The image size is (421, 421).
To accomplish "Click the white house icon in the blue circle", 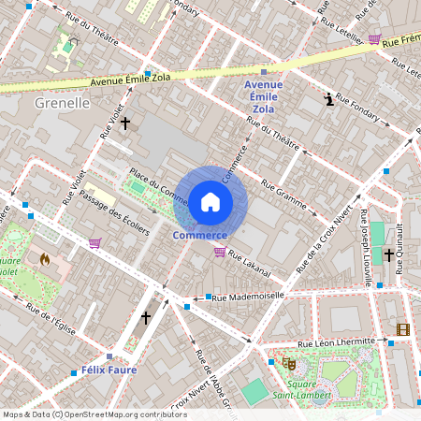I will point(210,201).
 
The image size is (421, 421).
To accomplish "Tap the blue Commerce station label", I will point(200,235).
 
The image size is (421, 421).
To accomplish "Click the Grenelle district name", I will point(62,103).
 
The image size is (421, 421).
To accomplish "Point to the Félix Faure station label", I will point(109,370).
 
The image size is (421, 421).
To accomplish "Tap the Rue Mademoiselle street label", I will point(248,297).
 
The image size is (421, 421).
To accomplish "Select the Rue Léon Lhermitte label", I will point(336,342).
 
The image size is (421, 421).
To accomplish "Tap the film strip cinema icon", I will point(402,328).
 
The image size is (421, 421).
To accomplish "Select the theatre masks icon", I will point(289,361).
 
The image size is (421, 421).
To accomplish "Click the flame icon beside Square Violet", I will point(43,258).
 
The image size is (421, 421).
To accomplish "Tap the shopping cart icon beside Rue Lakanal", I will point(219,251).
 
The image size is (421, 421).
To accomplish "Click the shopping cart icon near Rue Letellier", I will point(374,39).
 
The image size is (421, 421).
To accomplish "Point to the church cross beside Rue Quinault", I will point(388,254).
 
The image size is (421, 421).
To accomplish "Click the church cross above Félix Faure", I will point(145,318).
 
